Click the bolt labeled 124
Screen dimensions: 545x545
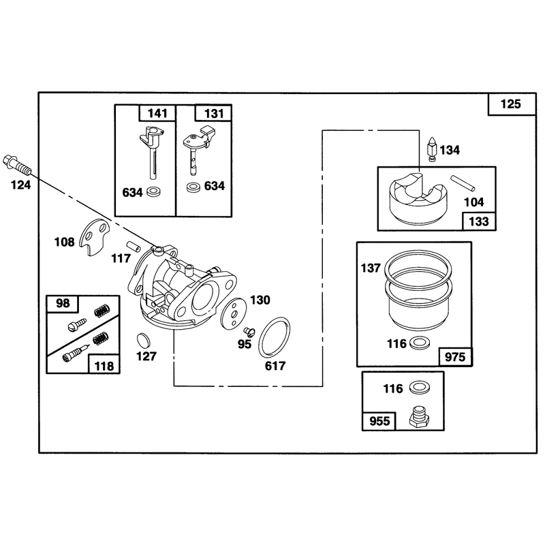click(x=16, y=165)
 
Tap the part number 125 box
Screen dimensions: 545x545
click(x=512, y=104)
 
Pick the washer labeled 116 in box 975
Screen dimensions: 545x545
click(x=419, y=343)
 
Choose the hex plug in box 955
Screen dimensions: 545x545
click(x=420, y=417)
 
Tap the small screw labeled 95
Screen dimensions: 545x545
click(x=249, y=331)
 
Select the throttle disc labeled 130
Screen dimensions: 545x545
click(x=233, y=313)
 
